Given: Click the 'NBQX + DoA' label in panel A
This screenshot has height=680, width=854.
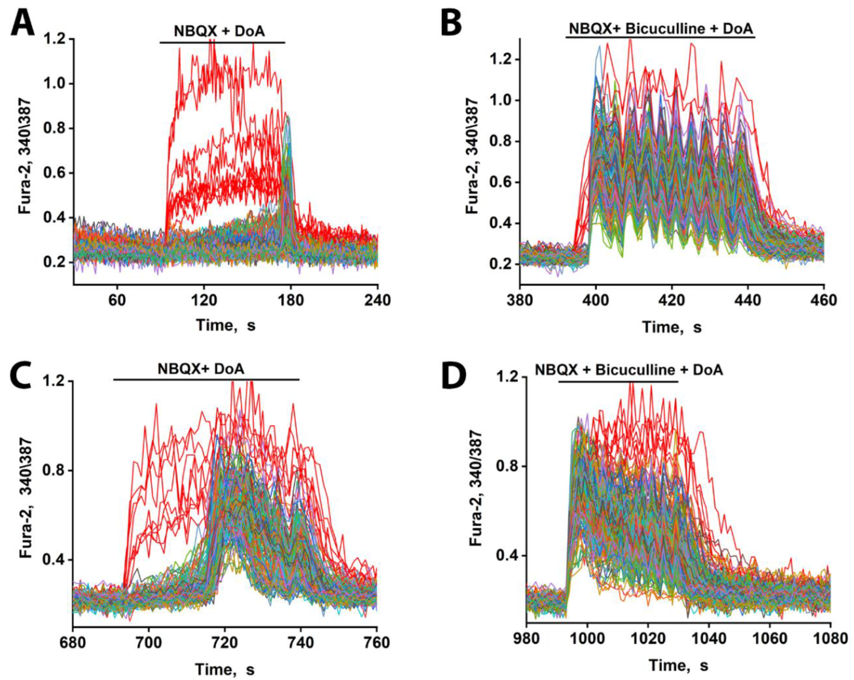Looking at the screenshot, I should [x=220, y=31].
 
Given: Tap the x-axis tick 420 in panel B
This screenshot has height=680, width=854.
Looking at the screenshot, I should [x=672, y=300].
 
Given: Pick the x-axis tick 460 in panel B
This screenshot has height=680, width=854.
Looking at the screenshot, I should [x=824, y=300].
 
